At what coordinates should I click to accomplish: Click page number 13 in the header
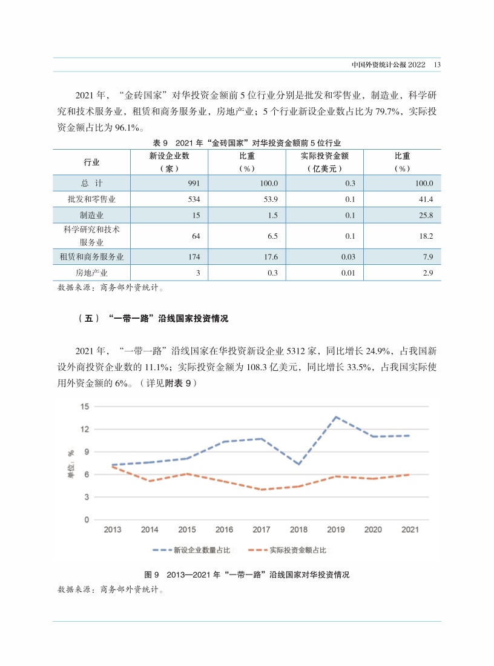point(437,65)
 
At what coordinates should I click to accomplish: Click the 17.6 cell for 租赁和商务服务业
point(271,257)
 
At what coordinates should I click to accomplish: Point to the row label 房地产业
point(91,273)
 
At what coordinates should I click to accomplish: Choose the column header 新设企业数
point(170,156)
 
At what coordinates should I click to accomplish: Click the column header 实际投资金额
point(324,156)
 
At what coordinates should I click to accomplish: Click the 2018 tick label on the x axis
point(298,530)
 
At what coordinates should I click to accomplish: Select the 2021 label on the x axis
point(410,530)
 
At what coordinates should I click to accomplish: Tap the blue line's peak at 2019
point(336,417)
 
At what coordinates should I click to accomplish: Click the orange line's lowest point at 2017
point(262,489)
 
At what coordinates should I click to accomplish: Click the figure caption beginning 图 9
point(246,574)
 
